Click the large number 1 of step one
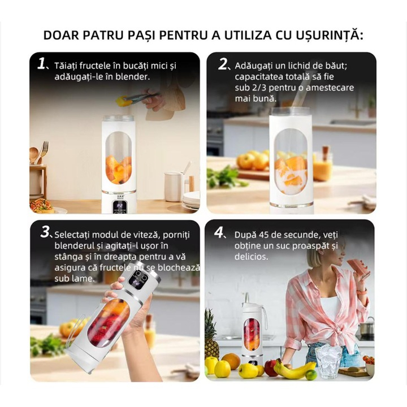pyautogui.click(x=41, y=63)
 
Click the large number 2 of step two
pyautogui.click(x=222, y=64)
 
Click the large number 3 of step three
pyautogui.click(x=45, y=232)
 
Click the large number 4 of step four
pyautogui.click(x=219, y=232)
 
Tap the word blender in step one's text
pyautogui.click(x=135, y=76)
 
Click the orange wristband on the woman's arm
pyautogui.click(x=361, y=293)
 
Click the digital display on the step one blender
pyautogui.click(x=120, y=205)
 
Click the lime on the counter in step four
pyautogui.click(x=311, y=374)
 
